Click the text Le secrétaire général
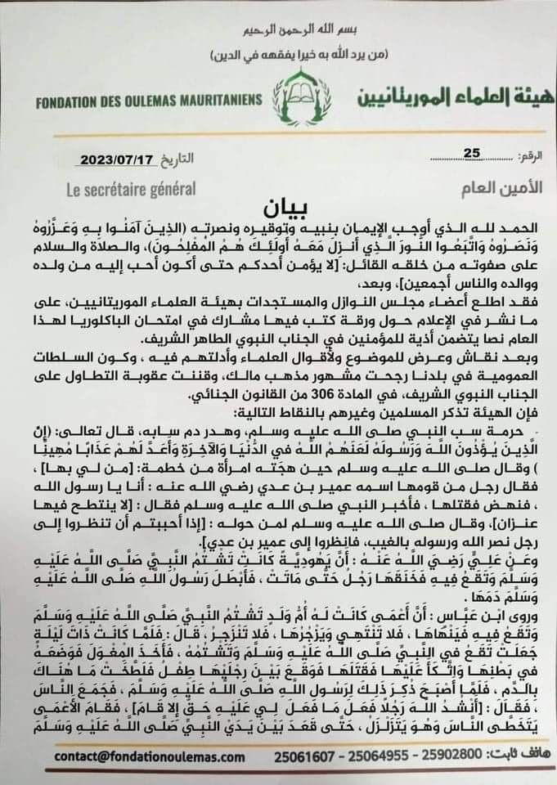[131, 189]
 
